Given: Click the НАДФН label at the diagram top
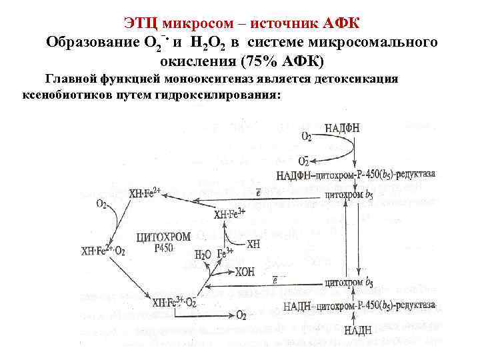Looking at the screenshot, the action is point(342,129).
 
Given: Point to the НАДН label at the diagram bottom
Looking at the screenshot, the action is point(358,329).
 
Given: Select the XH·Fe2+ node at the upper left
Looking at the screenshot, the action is point(145,193).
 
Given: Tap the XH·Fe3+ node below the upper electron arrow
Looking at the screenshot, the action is point(230,215).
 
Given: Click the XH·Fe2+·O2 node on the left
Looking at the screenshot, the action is point(102,251).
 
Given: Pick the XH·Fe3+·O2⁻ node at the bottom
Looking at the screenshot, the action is point(174,302).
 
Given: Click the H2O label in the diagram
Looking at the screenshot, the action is point(202,255).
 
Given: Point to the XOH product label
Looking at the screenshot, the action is point(245,272).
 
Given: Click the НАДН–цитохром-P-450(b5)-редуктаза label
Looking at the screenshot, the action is point(360,306).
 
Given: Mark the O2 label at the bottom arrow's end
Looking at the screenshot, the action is point(241,315).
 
